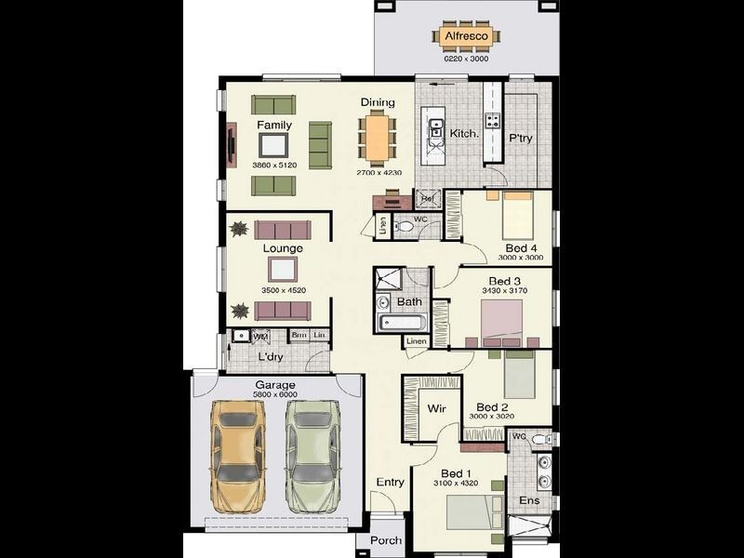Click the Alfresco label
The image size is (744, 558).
(467, 36)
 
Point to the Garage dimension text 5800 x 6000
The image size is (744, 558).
(275, 395)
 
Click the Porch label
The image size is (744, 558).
(385, 540)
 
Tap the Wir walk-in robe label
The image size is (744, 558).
(437, 408)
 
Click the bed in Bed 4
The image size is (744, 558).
(517, 216)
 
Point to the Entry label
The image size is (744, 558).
(390, 482)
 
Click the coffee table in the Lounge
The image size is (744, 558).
(283, 269)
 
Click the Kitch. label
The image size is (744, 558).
(464, 134)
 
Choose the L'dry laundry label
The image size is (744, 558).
(270, 357)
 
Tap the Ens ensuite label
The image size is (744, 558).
(529, 501)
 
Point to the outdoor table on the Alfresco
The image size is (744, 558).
(467, 37)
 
